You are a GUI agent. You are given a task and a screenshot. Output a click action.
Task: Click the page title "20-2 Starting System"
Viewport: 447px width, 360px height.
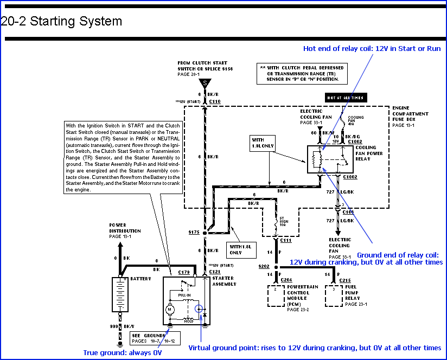61,22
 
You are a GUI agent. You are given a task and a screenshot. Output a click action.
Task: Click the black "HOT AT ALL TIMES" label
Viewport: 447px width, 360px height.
344,98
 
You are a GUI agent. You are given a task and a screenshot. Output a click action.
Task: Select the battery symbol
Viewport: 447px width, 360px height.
120,294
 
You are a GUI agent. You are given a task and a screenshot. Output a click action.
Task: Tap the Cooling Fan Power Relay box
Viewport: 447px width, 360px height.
330,159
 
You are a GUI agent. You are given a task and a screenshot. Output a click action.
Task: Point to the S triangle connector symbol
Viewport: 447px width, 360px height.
205,83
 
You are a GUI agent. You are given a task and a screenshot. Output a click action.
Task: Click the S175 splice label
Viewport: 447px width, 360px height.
194,232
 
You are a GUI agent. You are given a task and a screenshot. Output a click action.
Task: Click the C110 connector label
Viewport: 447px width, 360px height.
215,101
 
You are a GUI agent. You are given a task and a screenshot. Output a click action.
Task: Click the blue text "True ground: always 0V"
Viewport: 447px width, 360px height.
123,353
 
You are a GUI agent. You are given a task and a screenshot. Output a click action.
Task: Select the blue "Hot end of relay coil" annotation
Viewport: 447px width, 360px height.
372,48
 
